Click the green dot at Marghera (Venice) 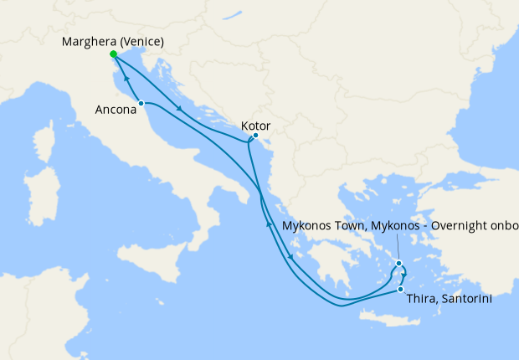(113, 54)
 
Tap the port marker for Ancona (141, 103)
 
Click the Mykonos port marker (400, 264)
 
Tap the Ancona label (116, 110)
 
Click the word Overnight (457, 226)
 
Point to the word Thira (419, 298)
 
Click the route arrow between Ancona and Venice (126, 77)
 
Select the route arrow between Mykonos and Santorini (403, 274)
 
